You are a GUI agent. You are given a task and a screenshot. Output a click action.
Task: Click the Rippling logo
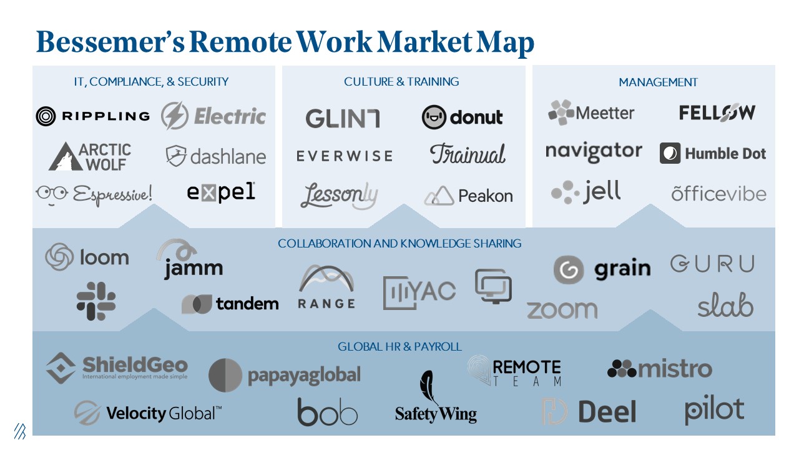92,116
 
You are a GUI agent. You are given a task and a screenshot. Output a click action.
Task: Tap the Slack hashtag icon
96,301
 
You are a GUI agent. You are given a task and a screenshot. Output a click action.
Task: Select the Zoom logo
561,309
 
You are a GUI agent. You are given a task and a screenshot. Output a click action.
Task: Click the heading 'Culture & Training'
401,82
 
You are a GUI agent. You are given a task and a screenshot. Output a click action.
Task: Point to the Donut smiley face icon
434,117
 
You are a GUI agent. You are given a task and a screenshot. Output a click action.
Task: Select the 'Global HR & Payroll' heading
399,347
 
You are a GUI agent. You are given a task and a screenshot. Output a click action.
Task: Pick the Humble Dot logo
712,154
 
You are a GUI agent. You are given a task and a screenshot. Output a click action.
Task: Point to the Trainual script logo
468,154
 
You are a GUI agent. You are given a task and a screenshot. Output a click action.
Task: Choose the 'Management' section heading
658,82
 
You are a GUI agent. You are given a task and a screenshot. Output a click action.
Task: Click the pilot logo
714,410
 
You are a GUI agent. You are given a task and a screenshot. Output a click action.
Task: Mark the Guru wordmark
712,264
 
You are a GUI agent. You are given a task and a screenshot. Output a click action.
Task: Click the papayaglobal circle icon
225,376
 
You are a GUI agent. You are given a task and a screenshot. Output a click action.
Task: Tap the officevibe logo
718,194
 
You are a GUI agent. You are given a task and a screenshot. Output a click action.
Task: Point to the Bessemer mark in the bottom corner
20,431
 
